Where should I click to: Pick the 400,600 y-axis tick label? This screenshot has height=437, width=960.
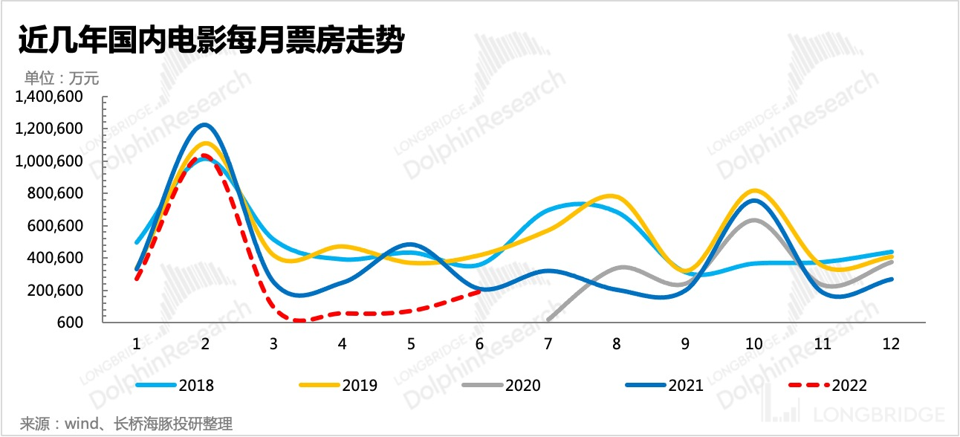(x=58, y=258)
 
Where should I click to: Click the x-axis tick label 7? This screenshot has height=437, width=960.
(x=548, y=344)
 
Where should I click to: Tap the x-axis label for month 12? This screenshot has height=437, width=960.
(x=890, y=344)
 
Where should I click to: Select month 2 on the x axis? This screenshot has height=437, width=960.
(x=205, y=344)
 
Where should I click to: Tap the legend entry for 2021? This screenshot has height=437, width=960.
(x=664, y=385)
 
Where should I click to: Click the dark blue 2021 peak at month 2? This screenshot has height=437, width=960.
(x=205, y=125)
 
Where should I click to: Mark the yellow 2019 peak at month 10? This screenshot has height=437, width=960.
(x=753, y=191)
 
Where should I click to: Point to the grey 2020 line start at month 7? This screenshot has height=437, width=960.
(x=548, y=320)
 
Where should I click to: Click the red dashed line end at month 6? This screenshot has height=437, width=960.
(x=479, y=291)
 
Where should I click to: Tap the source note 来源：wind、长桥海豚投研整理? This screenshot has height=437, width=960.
(x=126, y=424)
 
